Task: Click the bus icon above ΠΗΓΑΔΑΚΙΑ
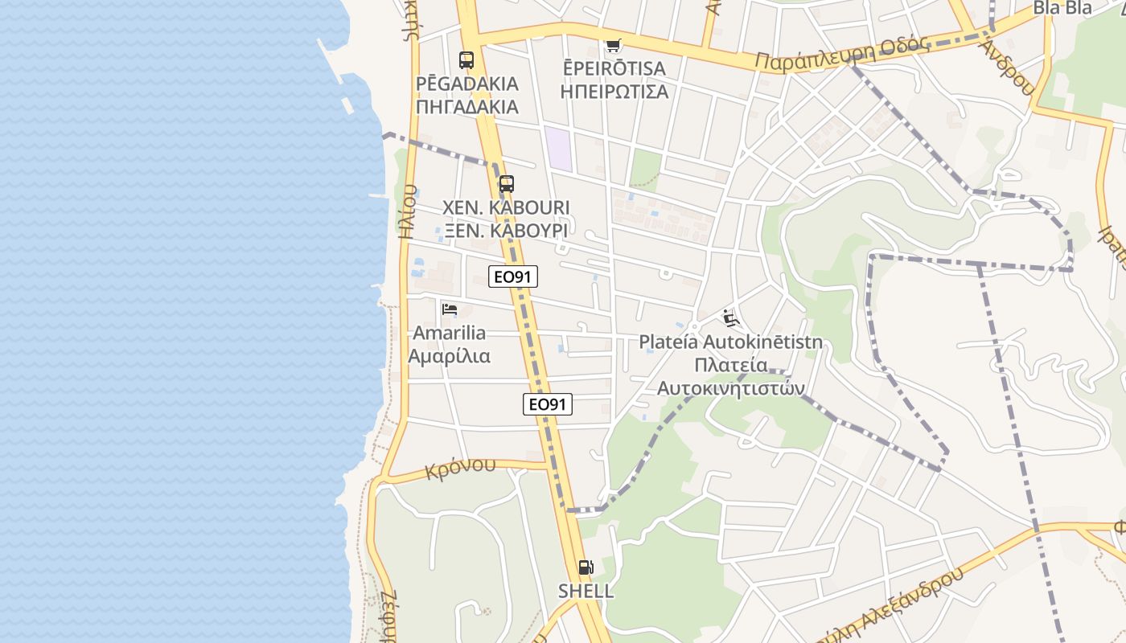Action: pyautogui.click(x=466, y=59)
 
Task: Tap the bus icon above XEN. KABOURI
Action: pyautogui.click(x=506, y=184)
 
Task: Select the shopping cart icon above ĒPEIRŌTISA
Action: pyautogui.click(x=614, y=45)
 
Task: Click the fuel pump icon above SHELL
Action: pyautogui.click(x=586, y=567)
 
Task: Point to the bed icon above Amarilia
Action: pyautogui.click(x=450, y=309)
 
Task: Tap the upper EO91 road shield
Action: pyautogui.click(x=513, y=276)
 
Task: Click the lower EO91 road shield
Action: pyautogui.click(x=548, y=404)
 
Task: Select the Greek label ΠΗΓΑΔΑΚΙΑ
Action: pyautogui.click(x=467, y=106)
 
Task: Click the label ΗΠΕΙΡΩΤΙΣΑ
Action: pyautogui.click(x=614, y=91)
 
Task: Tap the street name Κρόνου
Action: pyautogui.click(x=461, y=469)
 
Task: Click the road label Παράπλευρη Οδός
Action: pyautogui.click(x=842, y=55)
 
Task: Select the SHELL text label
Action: pyautogui.click(x=586, y=592)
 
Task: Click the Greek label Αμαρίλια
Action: pyautogui.click(x=449, y=355)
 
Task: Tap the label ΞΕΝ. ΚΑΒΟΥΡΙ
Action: pyautogui.click(x=506, y=231)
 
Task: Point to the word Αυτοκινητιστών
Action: pyautogui.click(x=731, y=387)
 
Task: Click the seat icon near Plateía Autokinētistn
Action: pyautogui.click(x=730, y=319)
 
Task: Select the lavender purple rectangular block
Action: pyautogui.click(x=559, y=149)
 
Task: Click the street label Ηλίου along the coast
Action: pyautogui.click(x=408, y=212)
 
